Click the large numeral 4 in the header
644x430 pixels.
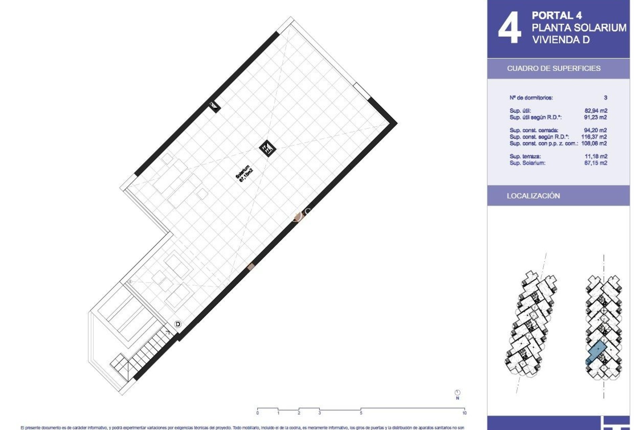(509, 28)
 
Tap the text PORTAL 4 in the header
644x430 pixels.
(557, 15)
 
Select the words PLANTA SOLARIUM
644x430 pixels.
(579, 28)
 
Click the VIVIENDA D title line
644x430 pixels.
(561, 40)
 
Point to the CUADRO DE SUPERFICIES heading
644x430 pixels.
(553, 69)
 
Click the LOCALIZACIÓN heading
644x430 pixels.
(533, 196)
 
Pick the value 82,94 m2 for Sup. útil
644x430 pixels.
(595, 111)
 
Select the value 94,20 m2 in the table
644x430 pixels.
(595, 130)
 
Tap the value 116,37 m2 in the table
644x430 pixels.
(594, 137)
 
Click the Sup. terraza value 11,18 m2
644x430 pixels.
(596, 156)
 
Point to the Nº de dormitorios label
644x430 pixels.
(531, 98)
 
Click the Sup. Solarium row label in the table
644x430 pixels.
(527, 163)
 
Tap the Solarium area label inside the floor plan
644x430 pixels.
(244, 174)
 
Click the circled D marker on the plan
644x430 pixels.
(178, 324)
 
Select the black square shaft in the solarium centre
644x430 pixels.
(268, 148)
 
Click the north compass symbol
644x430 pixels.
(458, 393)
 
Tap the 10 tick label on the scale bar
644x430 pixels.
(464, 413)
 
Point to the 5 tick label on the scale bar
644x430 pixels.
(361, 413)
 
